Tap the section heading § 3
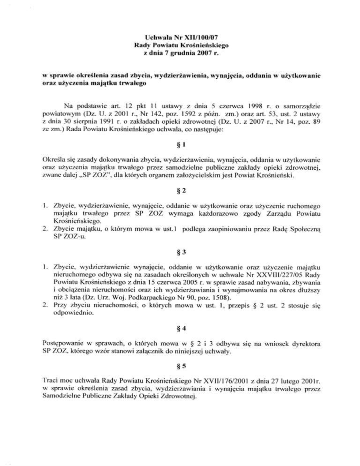(x=180, y=251)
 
